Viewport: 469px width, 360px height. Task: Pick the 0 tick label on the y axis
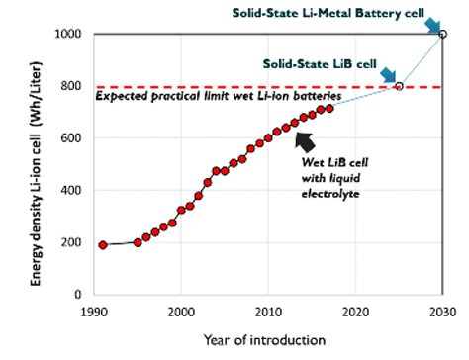click(79, 295)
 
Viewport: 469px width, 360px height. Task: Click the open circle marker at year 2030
click(442, 34)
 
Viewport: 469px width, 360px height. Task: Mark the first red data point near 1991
click(103, 244)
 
